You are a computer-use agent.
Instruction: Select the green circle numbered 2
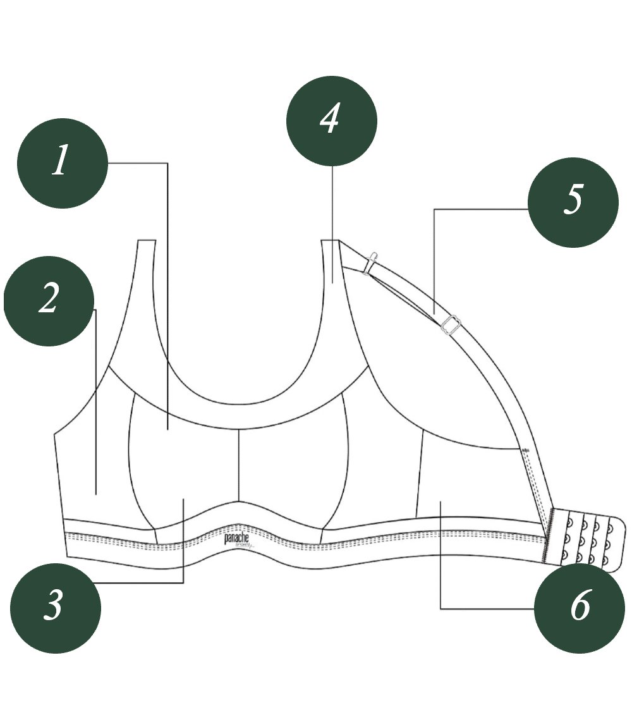49,301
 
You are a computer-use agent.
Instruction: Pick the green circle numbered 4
332,121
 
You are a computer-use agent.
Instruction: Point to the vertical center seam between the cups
238,465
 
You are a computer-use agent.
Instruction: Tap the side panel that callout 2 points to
95,468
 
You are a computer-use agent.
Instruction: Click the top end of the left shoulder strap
147,242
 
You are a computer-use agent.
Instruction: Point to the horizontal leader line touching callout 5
480,209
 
